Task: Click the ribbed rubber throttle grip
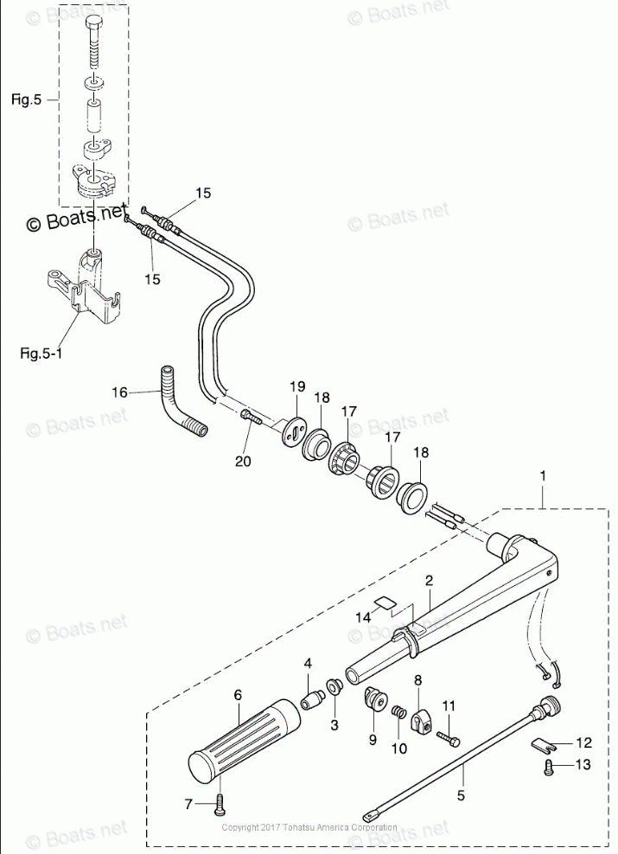(x=237, y=737)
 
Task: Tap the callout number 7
(x=188, y=804)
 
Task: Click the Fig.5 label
(x=26, y=100)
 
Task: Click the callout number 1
(x=543, y=476)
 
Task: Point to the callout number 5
(x=461, y=794)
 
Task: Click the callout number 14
(x=363, y=617)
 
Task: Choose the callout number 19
(x=297, y=385)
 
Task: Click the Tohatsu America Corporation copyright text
(x=309, y=827)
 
